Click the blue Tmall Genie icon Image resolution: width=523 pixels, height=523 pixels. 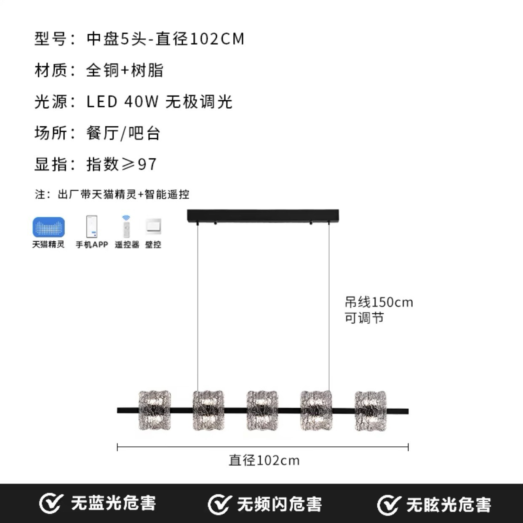(48, 227)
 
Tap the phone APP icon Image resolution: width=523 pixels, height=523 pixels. (92, 227)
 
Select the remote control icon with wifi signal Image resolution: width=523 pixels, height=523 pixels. (126, 227)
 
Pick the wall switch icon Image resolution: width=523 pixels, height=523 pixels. (153, 227)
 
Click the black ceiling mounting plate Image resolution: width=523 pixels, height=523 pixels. (263, 216)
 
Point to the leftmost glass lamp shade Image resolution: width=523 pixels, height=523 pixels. (155, 411)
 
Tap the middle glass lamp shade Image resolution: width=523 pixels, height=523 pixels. (262, 411)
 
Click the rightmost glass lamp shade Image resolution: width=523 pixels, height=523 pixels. (370, 411)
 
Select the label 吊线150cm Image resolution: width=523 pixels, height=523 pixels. (379, 302)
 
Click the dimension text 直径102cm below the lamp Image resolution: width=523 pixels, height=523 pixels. (264, 461)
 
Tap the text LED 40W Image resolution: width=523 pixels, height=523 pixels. (123, 102)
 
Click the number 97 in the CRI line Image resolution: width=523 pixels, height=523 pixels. (147, 164)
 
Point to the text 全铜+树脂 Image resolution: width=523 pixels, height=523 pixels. (125, 70)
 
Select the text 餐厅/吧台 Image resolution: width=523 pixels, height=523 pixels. (123, 133)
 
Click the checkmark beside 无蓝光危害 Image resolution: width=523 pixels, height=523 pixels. (51, 504)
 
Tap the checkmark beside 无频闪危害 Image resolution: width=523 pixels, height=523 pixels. (220, 504)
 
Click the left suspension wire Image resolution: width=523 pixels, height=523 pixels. (197, 307)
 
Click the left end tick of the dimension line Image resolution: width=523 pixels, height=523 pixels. (117, 447)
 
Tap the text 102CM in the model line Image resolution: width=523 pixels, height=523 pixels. (217, 39)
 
